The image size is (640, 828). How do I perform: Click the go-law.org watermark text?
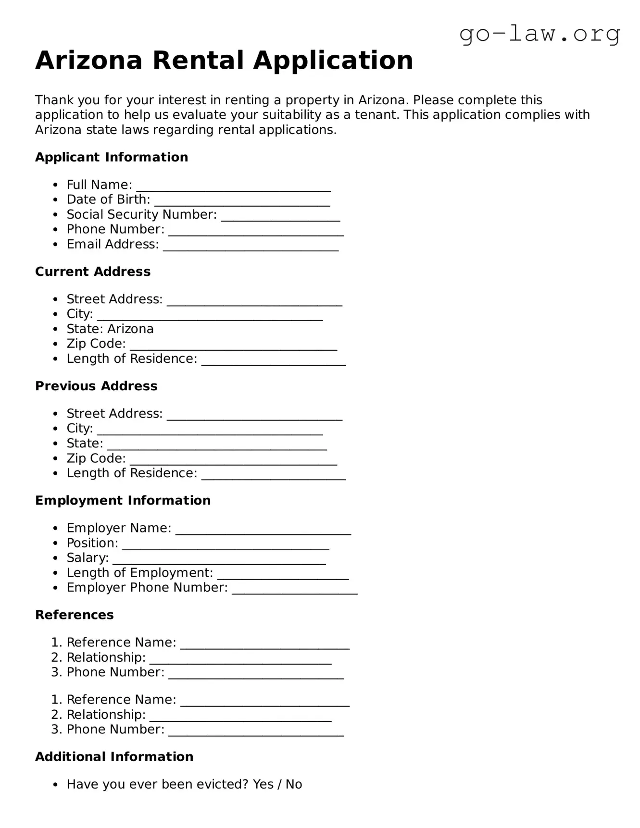tap(540, 34)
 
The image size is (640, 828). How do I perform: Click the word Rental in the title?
tap(198, 61)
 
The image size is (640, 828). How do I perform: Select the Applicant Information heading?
tap(112, 157)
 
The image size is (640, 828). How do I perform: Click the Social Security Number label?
tap(141, 214)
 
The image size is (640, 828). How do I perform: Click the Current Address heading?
tap(93, 272)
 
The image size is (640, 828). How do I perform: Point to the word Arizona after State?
tap(130, 329)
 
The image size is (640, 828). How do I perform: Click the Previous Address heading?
tap(96, 386)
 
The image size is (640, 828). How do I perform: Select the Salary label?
tap(88, 557)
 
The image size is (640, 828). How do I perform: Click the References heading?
tap(75, 615)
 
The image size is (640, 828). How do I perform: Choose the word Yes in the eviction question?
tap(263, 784)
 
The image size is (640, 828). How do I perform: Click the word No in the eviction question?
tap(294, 784)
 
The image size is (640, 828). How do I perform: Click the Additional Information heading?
tap(114, 756)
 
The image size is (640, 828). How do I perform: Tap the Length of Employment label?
tap(139, 572)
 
